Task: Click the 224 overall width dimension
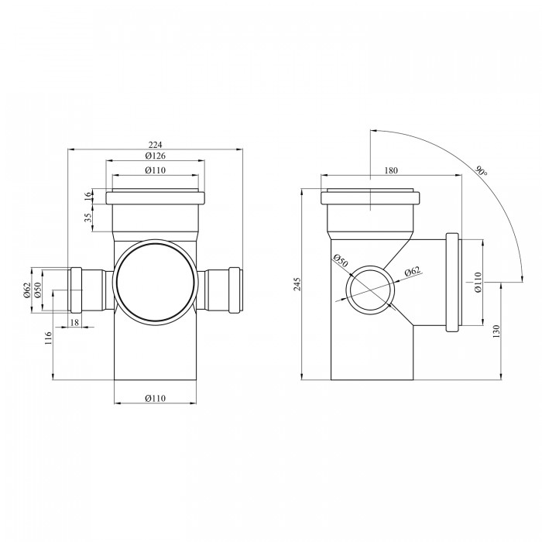155,145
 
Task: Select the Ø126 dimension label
155,156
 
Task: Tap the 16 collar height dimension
88,195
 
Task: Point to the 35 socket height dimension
88,217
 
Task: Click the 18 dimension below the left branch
74,322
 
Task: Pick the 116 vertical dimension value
48,338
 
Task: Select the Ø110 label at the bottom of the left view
155,398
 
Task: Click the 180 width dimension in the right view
391,170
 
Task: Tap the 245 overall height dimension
297,284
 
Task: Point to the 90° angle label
482,171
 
